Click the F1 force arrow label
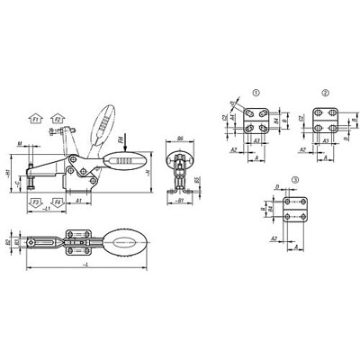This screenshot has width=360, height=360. pos(36,118)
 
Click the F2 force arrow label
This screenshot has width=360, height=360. pos(58,118)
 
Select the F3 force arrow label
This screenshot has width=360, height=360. pos(36,204)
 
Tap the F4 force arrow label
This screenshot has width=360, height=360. pos(58,204)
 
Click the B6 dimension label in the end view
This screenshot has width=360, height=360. pos(181,139)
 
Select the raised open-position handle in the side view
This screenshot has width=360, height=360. pos(104,118)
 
